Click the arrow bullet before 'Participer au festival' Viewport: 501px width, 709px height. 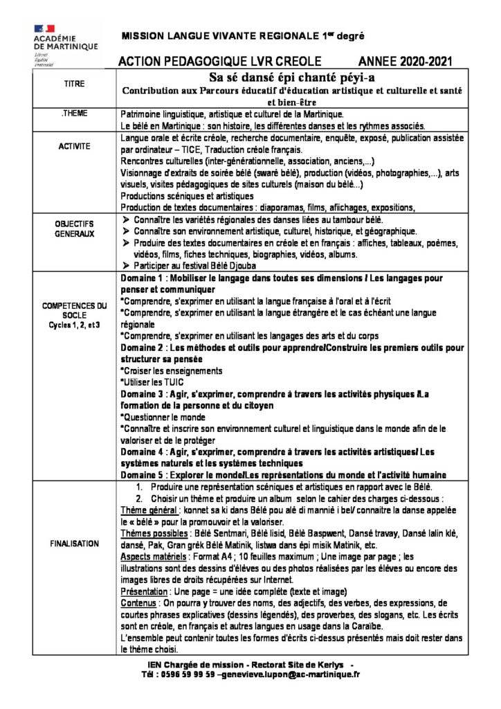click(x=125, y=266)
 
